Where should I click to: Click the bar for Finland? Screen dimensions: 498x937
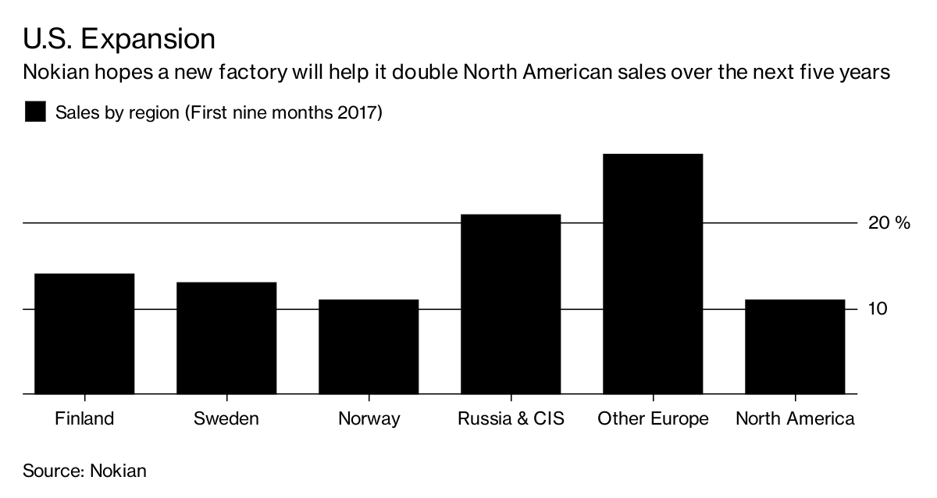coord(84,334)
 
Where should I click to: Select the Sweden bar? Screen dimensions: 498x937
coord(226,338)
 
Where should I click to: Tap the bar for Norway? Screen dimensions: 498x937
coord(369,347)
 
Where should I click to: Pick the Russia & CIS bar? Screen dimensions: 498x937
coord(511,304)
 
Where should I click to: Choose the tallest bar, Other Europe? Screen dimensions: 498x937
coord(653,274)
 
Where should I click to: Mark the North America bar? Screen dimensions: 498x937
coord(795,347)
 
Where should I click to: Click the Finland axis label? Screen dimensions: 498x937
coord(84,418)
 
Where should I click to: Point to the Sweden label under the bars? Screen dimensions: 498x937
coord(226,418)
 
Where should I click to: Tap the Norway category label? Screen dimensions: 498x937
coord(369,419)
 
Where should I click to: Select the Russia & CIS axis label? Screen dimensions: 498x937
coord(511,418)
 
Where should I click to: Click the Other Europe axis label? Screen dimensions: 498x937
coord(653,419)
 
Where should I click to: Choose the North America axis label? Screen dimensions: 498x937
coord(795,418)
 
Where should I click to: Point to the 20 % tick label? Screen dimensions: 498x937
coord(889,223)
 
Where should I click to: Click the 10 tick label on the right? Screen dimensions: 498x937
coord(878,308)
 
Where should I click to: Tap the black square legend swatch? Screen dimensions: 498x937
coord(36,112)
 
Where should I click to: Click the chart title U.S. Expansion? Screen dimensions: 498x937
coord(119,38)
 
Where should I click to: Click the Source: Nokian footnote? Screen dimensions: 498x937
coord(84,471)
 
